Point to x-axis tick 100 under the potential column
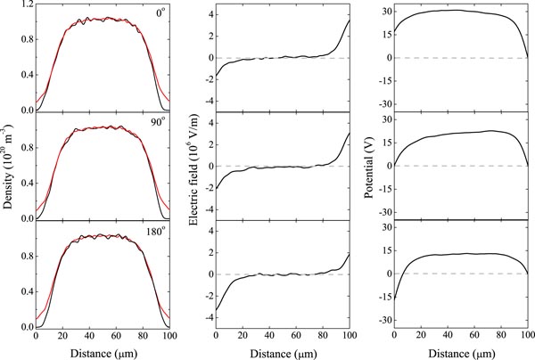point(528,336)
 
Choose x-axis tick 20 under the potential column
point(421,336)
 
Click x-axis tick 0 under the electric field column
point(216,336)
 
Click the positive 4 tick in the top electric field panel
point(206,15)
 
